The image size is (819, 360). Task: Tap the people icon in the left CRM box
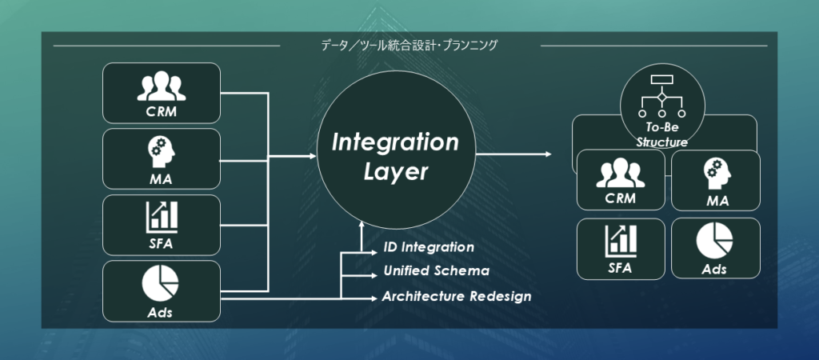click(161, 86)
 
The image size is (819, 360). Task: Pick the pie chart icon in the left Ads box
click(161, 282)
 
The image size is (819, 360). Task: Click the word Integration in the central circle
click(395, 143)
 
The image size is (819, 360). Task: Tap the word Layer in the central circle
click(394, 172)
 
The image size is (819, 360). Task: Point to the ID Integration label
click(429, 248)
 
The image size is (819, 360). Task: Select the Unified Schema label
click(436, 272)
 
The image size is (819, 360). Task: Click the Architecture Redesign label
click(457, 296)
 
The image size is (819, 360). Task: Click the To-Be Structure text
click(662, 135)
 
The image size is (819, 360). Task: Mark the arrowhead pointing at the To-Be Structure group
click(548, 154)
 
